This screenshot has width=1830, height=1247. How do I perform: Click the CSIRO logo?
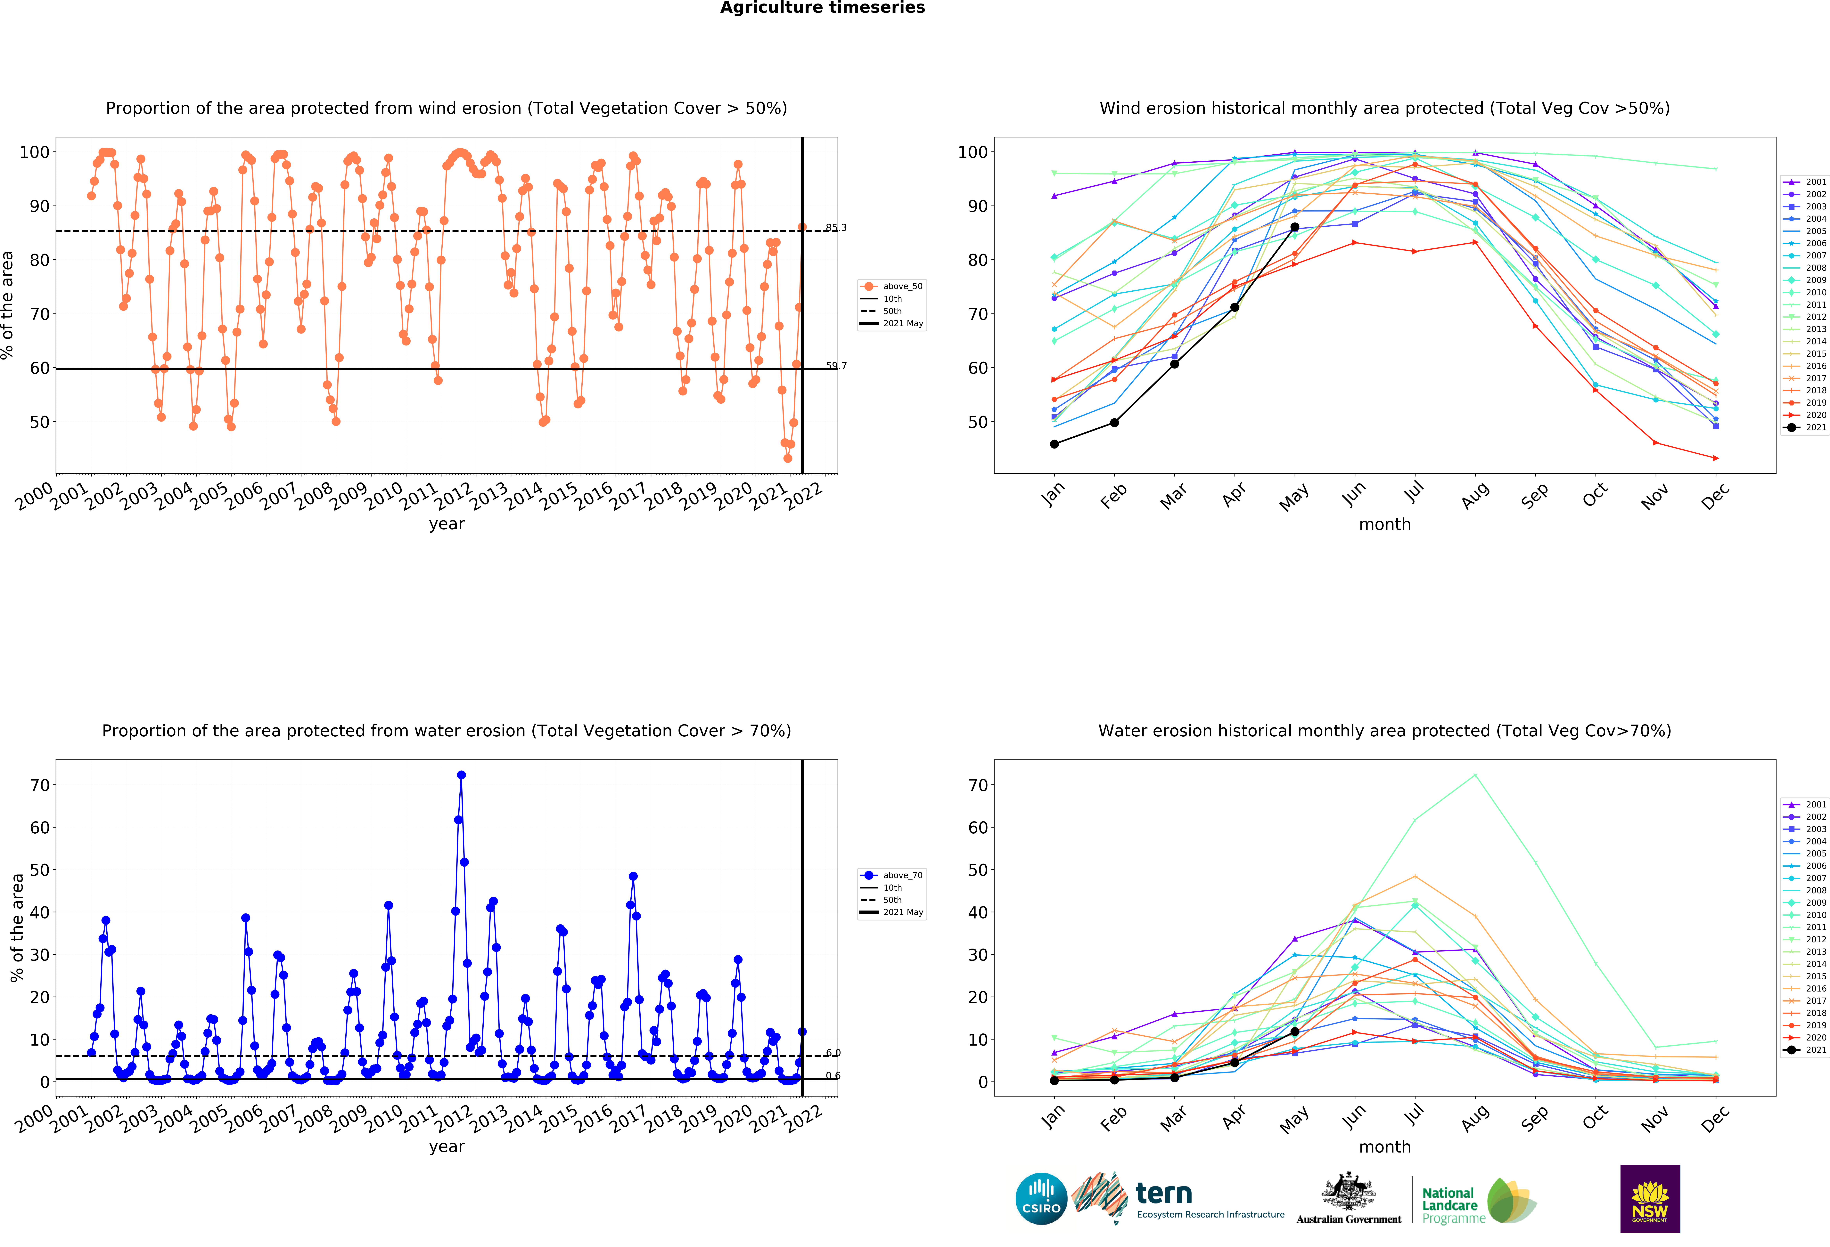1041,1198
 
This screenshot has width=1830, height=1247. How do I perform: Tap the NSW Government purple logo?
1650,1198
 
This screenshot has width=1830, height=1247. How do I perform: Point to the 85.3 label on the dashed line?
835,228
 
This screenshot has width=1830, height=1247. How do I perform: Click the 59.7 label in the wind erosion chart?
835,365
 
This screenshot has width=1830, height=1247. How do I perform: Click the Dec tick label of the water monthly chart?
1715,1118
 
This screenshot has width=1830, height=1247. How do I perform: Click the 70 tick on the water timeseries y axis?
39,785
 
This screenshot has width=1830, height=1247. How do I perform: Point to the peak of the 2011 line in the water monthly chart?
1475,775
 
